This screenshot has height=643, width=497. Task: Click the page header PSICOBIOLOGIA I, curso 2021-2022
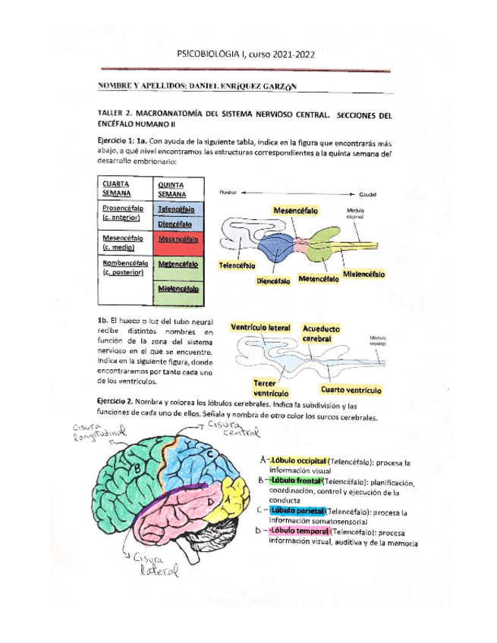(245, 55)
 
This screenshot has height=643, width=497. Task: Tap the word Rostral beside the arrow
(230, 193)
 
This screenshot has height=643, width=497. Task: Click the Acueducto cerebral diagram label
(322, 334)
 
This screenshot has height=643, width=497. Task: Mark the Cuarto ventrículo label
(350, 390)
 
